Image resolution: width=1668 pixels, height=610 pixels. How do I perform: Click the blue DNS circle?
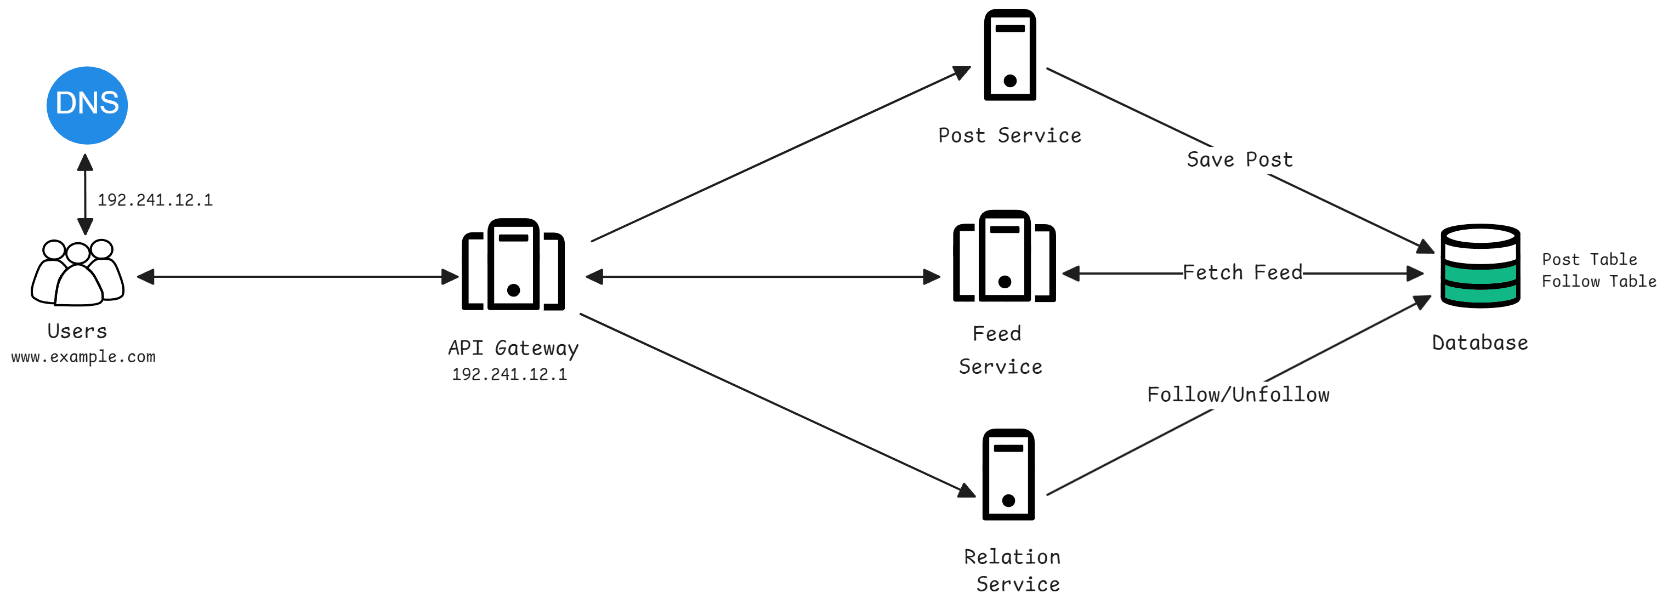(87, 105)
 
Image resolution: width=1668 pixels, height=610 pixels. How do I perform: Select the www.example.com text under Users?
(83, 356)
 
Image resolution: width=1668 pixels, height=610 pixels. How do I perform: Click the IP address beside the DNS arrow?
(155, 200)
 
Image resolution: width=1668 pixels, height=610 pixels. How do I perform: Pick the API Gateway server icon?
(513, 265)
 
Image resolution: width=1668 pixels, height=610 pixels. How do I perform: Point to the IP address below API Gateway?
(509, 374)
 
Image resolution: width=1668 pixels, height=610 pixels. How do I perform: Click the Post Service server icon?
(1009, 55)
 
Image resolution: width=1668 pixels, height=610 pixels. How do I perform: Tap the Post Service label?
(1009, 135)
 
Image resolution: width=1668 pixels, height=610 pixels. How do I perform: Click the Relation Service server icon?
(1008, 474)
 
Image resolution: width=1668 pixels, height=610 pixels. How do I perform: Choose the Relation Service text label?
(1012, 570)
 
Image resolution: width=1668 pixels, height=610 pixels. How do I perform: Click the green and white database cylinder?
(1480, 266)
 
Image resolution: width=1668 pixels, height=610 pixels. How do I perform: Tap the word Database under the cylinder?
(1479, 342)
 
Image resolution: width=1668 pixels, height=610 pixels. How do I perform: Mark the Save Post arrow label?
(1239, 159)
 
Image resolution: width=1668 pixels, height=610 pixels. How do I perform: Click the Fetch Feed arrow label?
(1242, 272)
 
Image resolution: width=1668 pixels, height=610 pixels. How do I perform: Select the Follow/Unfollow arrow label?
(1238, 395)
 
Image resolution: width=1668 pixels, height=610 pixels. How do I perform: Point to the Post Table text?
(1589, 259)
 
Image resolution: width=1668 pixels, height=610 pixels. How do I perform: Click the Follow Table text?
(1598, 281)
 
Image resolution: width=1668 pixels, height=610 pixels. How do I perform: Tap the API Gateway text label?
(513, 348)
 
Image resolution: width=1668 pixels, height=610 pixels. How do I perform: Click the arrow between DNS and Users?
(85, 194)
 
